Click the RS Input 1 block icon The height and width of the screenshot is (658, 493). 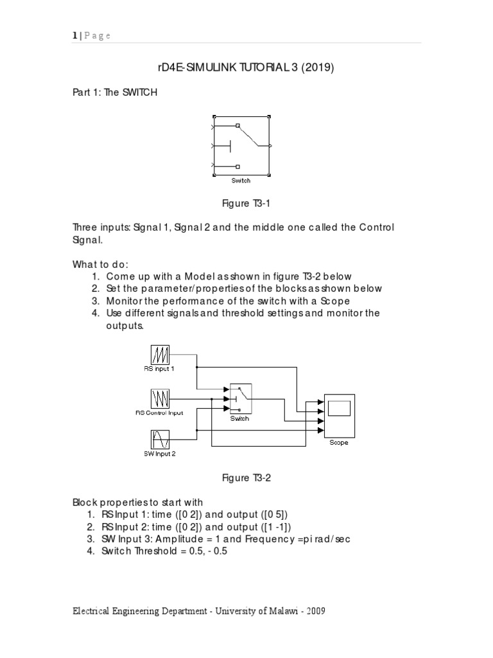point(160,355)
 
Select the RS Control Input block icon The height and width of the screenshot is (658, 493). point(160,398)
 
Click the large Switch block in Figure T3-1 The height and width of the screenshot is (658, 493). point(241,146)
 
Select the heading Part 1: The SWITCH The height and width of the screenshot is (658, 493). point(114,93)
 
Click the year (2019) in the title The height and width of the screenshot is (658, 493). point(317,67)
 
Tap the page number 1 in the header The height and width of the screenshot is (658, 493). point(74,36)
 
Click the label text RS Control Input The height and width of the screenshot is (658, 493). point(159,413)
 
